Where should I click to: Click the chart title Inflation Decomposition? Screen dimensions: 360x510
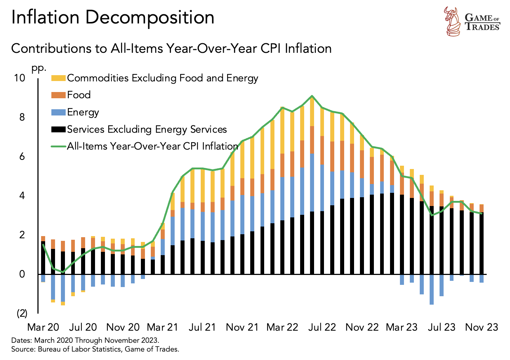click(x=113, y=18)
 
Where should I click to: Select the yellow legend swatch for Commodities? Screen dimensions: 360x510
click(x=58, y=78)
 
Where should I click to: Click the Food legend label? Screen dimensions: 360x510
click(x=79, y=95)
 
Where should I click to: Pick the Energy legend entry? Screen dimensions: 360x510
click(x=83, y=112)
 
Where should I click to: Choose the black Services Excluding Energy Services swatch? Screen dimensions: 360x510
click(x=58, y=129)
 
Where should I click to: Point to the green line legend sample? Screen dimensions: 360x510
click(x=58, y=146)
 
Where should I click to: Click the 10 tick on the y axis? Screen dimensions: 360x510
click(x=20, y=78)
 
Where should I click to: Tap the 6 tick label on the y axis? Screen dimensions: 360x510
click(x=22, y=157)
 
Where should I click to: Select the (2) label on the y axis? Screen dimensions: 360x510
click(x=22, y=313)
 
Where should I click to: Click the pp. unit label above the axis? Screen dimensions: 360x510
click(x=39, y=68)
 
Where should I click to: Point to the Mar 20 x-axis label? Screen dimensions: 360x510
click(x=43, y=327)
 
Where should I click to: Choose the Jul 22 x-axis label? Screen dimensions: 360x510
click(x=322, y=327)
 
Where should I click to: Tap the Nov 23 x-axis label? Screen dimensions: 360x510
click(x=481, y=327)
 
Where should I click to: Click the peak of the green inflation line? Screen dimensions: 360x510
click(x=312, y=96)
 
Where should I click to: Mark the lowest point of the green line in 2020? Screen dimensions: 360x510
click(x=63, y=272)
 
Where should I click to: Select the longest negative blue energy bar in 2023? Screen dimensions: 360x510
click(x=431, y=289)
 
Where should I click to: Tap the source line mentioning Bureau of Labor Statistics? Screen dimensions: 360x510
click(x=95, y=349)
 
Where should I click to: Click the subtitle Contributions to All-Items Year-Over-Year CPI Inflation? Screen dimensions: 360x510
click(x=171, y=48)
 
